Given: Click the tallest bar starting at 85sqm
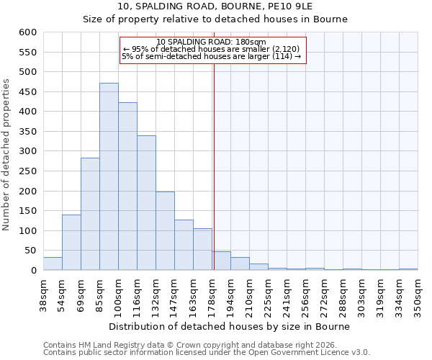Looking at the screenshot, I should [109, 176].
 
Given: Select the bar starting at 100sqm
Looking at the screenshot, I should [127, 186].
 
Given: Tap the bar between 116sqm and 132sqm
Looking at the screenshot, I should [146, 203].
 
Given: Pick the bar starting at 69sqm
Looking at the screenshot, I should [90, 214].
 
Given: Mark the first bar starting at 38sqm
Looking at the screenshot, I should [53, 264].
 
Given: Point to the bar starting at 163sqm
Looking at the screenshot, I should [202, 249].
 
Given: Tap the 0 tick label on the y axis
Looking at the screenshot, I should [33, 271].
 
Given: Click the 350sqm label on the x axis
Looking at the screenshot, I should [418, 294].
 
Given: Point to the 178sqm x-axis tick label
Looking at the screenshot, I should [212, 294].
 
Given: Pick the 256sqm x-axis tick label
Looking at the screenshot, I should [305, 294].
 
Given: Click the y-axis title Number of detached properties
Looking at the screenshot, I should [7, 151].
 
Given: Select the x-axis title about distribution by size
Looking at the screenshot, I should [230, 326].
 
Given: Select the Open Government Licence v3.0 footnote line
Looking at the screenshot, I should [206, 353].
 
